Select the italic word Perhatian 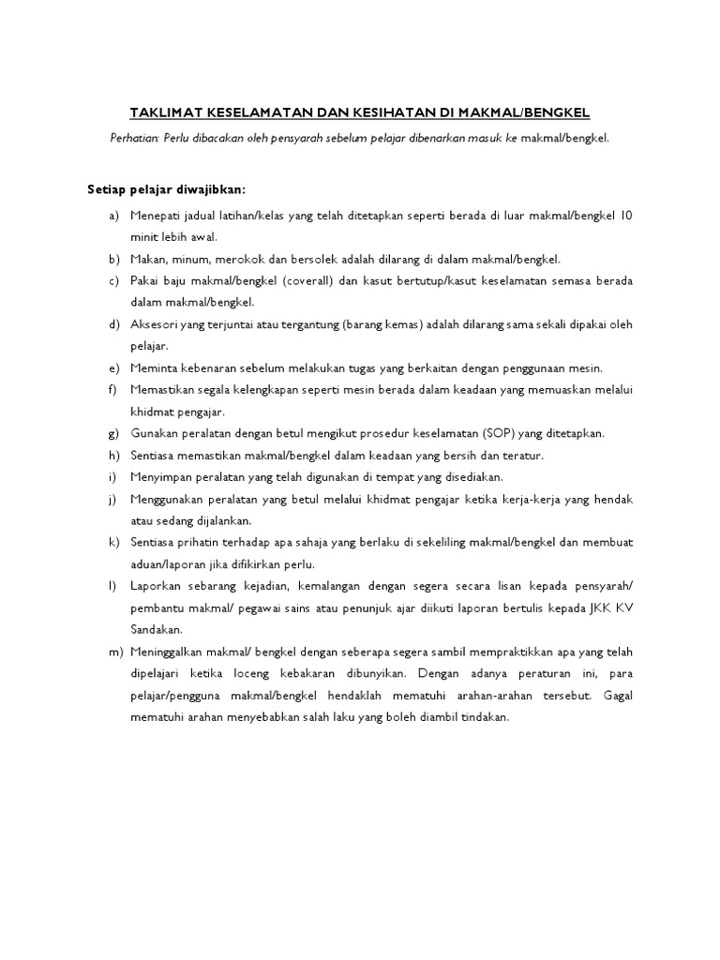coord(135,138)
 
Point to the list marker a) coord(113,216)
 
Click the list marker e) coord(113,367)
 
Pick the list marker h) coord(113,455)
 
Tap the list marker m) coord(114,652)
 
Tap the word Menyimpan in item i coord(162,476)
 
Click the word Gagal coord(619,695)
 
